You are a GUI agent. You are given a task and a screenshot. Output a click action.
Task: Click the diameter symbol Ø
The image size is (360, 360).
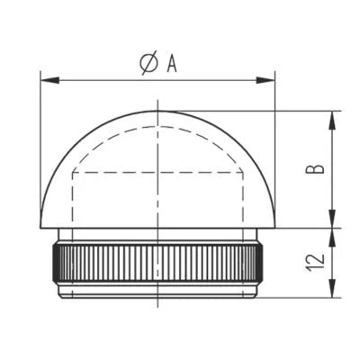click(148, 63)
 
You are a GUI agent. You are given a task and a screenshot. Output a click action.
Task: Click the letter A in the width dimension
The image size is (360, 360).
click(172, 64)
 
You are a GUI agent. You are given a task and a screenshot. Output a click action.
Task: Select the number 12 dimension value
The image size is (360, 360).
click(316, 263)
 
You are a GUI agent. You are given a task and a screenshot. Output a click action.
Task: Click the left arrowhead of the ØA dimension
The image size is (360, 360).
click(49, 80)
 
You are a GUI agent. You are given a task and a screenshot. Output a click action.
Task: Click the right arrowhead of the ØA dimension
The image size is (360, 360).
click(265, 80)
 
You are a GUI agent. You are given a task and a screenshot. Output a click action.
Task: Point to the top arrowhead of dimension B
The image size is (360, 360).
click(332, 121)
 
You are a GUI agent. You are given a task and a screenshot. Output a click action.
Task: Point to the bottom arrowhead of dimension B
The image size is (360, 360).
click(332, 219)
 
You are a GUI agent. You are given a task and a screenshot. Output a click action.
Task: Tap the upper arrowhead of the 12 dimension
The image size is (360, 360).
click(332, 238)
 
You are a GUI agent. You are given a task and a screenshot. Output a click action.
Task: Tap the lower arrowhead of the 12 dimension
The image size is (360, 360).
click(332, 288)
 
